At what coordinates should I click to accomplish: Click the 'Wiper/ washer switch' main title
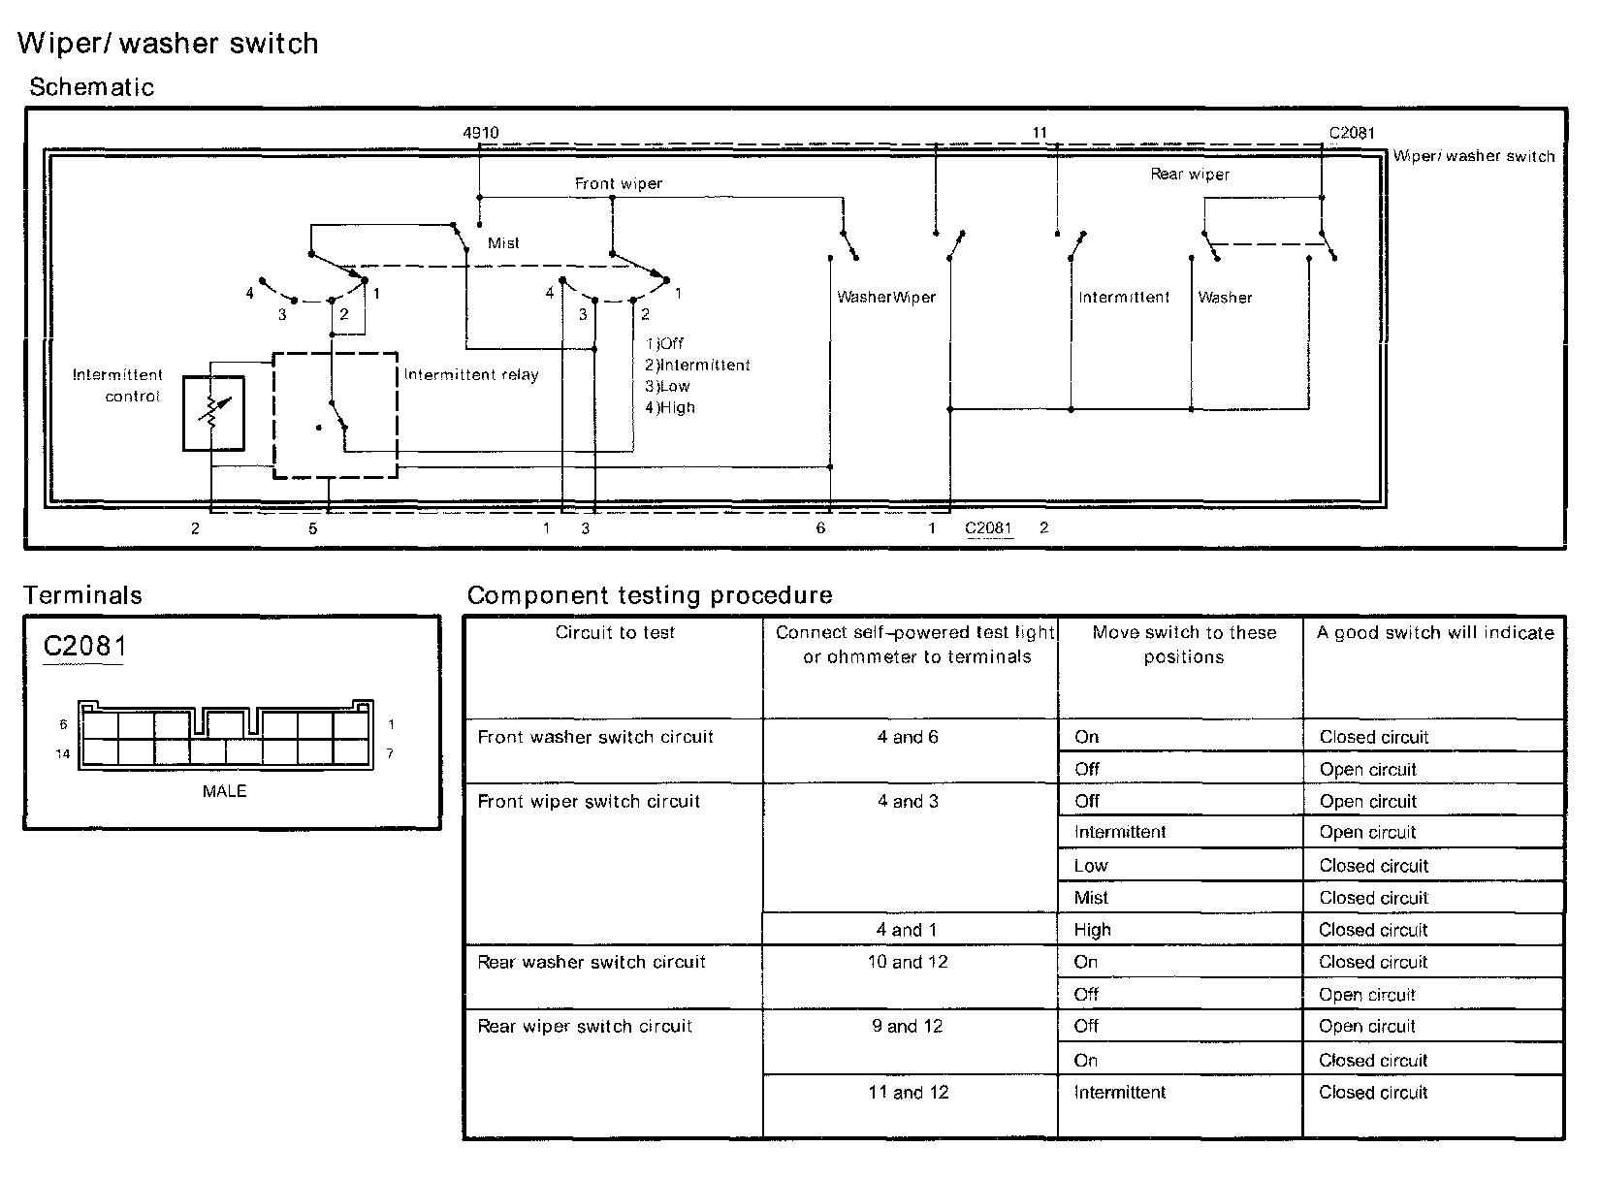coord(168,44)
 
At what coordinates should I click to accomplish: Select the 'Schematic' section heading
coord(92,87)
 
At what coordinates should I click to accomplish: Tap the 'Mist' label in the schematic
coord(503,243)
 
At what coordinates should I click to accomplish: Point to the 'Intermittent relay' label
coord(471,375)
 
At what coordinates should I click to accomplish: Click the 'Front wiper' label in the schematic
coord(619,183)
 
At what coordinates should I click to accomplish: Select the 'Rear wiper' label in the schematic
coord(1190,175)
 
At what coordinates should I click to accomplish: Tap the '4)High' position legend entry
coord(670,408)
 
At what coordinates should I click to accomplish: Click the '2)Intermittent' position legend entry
coord(697,366)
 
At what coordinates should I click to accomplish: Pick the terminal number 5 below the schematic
coord(313,528)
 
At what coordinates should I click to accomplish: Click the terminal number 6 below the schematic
coord(820,528)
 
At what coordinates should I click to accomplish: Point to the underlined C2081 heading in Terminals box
coord(84,646)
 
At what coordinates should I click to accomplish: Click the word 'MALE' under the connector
coord(224,791)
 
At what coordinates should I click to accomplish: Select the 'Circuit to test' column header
coord(615,633)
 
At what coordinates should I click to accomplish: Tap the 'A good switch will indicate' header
coord(1435,633)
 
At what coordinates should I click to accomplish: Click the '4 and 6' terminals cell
coord(908,737)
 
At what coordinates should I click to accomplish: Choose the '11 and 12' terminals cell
coord(908,1093)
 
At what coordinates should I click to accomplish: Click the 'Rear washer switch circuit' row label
coord(592,963)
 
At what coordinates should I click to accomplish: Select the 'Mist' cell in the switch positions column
coord(1091,898)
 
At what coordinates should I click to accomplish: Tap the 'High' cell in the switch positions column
coord(1092,930)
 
